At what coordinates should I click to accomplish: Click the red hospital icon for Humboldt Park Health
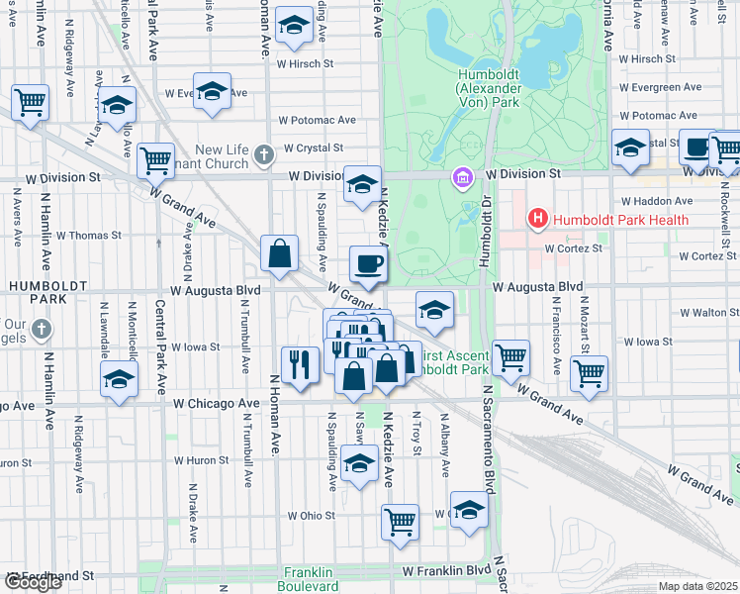click(538, 217)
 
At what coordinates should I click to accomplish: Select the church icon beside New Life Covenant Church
click(263, 154)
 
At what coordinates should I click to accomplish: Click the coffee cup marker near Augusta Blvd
click(368, 262)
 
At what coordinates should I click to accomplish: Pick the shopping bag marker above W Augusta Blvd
click(280, 253)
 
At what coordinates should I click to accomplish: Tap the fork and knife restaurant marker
click(298, 364)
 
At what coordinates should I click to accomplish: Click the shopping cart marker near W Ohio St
click(400, 521)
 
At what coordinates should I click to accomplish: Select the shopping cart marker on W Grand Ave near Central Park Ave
click(156, 158)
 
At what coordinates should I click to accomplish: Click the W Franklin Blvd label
click(446, 571)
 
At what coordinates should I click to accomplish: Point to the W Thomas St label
click(88, 236)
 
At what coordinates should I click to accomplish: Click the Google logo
click(33, 582)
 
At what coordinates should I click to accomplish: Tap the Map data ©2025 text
click(698, 586)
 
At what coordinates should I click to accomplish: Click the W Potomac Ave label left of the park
click(317, 120)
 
